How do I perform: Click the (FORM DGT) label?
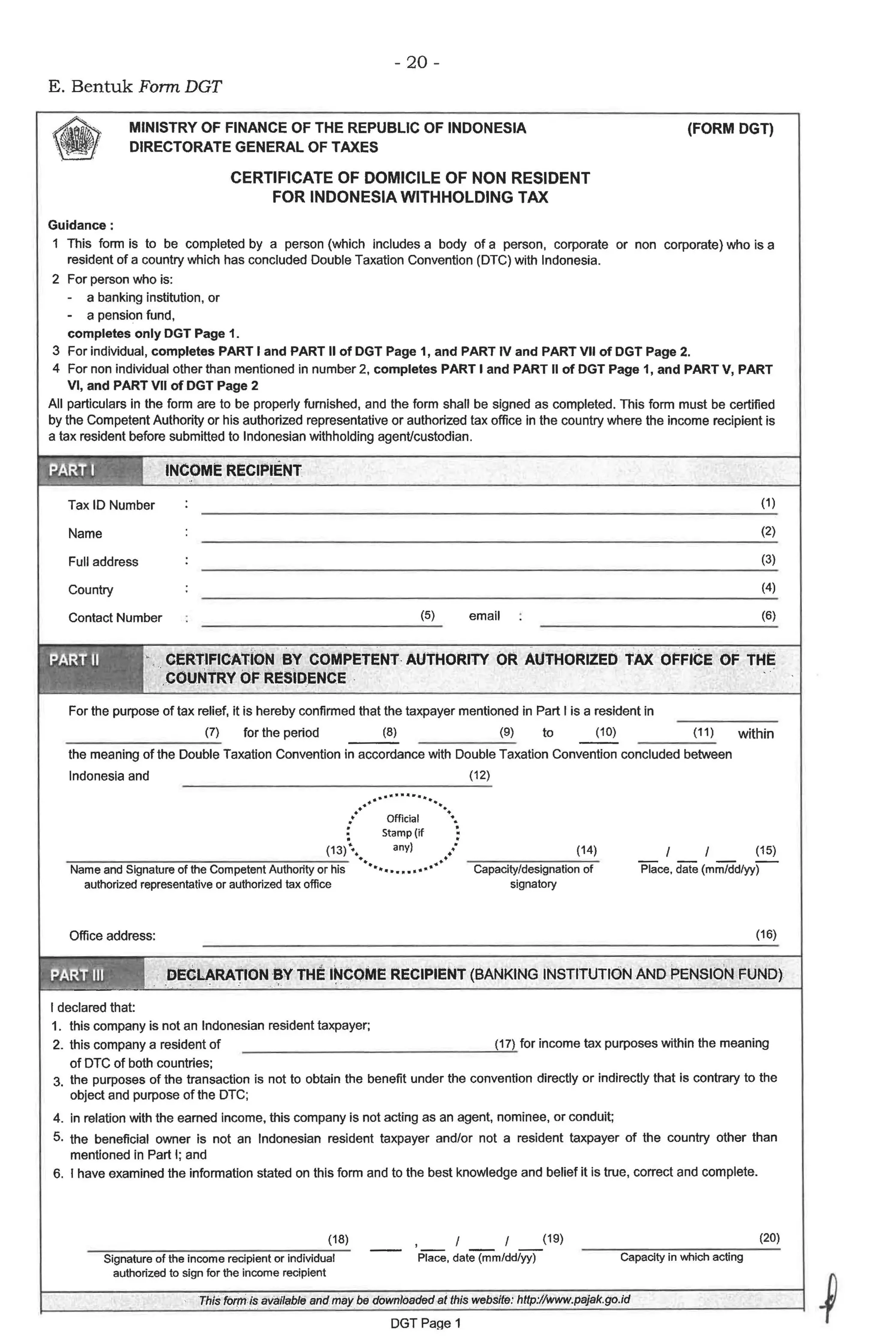pos(730,129)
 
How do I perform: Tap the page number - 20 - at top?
pos(416,62)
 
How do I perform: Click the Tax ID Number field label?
pos(111,505)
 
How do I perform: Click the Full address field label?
pos(103,561)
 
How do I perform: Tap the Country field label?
pos(90,590)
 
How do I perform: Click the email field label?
pos(484,616)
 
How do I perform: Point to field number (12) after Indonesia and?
pos(479,775)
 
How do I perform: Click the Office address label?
pos(112,936)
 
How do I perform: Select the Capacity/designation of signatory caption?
pos(532,876)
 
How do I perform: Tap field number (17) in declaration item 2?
pos(505,1044)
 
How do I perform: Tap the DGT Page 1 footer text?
pos(425,1323)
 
